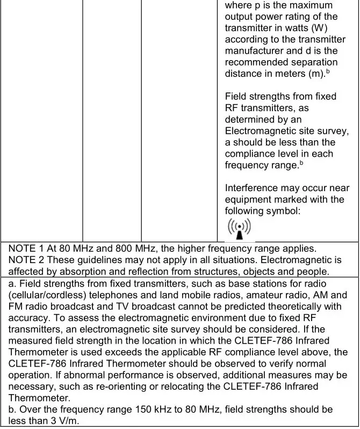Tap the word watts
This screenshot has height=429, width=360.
coord(291,28)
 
